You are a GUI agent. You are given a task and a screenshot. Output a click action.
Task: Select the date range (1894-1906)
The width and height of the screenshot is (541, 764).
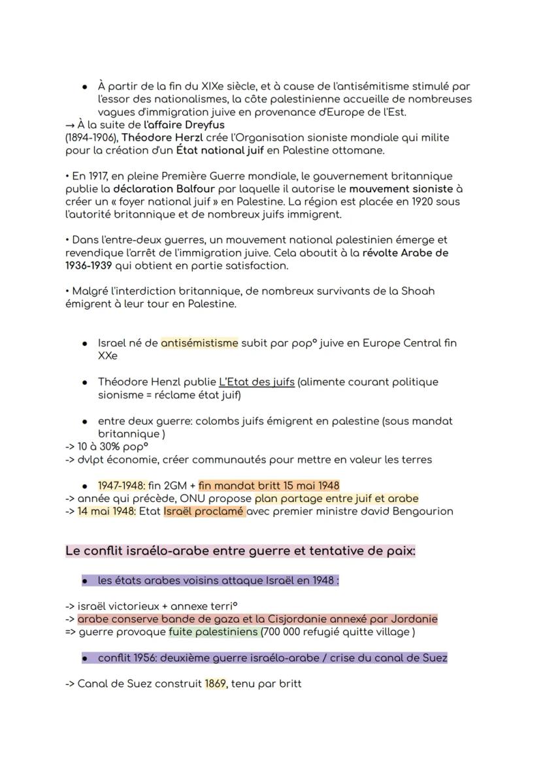point(92,138)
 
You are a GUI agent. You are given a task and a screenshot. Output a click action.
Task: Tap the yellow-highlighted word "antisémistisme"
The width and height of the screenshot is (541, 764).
point(199,343)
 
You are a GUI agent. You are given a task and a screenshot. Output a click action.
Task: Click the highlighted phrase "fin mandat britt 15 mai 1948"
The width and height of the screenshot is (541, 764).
point(269,485)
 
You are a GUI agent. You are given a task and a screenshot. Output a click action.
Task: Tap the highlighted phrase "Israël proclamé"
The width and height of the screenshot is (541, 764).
point(205,511)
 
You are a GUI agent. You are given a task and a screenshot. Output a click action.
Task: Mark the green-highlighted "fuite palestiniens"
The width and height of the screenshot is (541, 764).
point(214,632)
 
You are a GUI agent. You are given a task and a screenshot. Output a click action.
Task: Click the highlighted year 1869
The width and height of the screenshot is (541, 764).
point(216,684)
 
